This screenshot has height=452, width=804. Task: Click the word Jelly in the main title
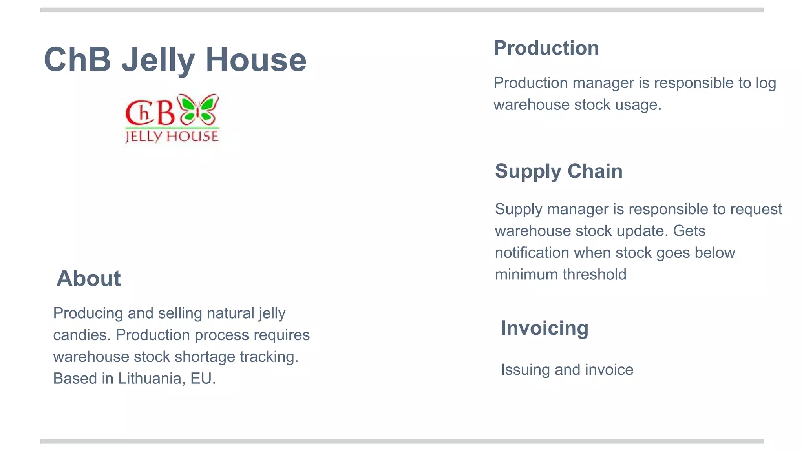point(158,60)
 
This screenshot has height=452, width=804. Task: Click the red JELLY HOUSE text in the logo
point(172,136)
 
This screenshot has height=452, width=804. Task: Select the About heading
point(88,279)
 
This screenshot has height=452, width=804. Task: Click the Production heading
point(546,48)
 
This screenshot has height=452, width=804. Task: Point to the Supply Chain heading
point(558,171)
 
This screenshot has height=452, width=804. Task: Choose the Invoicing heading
point(545,328)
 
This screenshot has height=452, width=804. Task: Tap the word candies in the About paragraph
point(82,335)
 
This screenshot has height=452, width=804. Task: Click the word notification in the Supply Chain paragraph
point(532,253)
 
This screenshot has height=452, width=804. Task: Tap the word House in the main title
point(256,60)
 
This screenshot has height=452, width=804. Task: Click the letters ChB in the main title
point(77,60)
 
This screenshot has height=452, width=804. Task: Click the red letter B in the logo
point(166,113)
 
